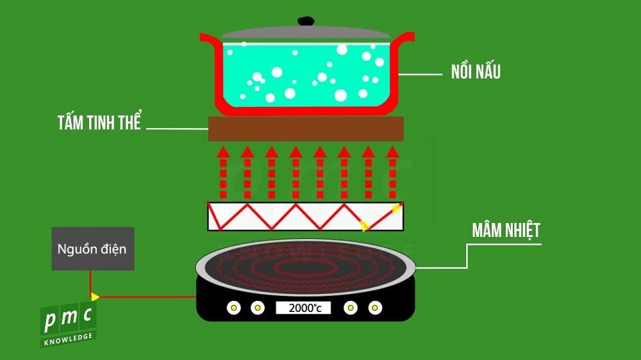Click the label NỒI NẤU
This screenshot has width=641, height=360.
pyautogui.click(x=476, y=72)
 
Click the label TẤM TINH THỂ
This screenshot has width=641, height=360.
pyautogui.click(x=99, y=123)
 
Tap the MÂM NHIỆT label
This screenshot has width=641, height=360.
pyautogui.click(x=506, y=231)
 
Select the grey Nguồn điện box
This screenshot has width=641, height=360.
pyautogui.click(x=93, y=249)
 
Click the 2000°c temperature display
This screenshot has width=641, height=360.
pyautogui.click(x=303, y=308)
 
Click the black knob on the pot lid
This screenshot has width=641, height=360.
pyautogui.click(x=306, y=21)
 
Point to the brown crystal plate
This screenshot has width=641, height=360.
pyautogui.click(x=306, y=129)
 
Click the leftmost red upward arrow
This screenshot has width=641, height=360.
pyautogui.click(x=223, y=172)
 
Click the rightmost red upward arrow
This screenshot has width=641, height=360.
pyautogui.click(x=392, y=172)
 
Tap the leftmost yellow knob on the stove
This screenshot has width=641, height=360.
pyautogui.click(x=234, y=308)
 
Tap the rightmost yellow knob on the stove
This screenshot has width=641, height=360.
pyautogui.click(x=375, y=308)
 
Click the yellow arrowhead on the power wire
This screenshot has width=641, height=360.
pyautogui.click(x=95, y=297)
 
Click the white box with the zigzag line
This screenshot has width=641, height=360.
pyautogui.click(x=306, y=217)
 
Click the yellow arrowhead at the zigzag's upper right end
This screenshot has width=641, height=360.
pyautogui.click(x=397, y=208)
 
